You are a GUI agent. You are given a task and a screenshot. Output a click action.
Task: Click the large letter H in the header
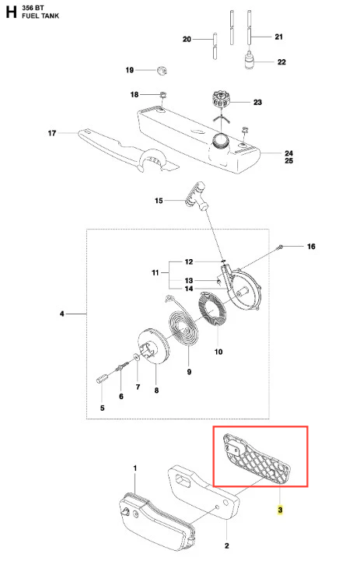point(11,12)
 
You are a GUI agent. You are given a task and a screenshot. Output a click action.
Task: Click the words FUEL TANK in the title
point(40,16)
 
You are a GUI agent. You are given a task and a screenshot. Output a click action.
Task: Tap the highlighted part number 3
point(280,510)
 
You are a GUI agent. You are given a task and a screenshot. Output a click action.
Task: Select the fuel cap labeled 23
point(221,99)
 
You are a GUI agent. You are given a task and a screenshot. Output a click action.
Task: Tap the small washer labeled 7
point(136,356)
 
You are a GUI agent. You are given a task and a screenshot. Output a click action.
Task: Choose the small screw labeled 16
point(280,246)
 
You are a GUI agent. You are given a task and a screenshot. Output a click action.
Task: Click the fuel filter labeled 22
point(249,60)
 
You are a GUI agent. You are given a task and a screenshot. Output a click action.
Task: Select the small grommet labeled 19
point(162,70)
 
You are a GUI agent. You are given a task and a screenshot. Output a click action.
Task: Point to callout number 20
point(187,39)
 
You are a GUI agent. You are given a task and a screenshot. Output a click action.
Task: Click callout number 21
point(279,37)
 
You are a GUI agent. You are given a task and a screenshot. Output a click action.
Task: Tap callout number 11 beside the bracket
point(156,272)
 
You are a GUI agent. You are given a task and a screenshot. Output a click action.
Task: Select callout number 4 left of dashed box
point(62,314)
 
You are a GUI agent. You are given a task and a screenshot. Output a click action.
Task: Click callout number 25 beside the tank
point(289,161)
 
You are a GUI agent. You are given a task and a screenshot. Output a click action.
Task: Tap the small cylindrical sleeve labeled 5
point(102,377)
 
